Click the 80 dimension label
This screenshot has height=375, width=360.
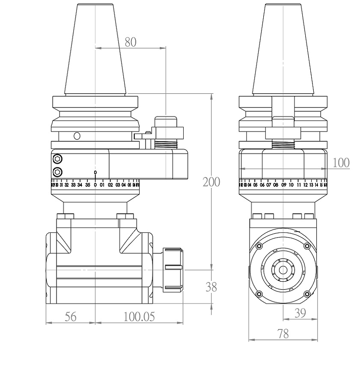[x=130, y=42]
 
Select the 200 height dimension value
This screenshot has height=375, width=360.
[x=211, y=182]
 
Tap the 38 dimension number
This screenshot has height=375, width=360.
[x=211, y=287]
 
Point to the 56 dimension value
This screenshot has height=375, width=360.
[x=71, y=317]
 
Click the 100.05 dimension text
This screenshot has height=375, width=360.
[x=139, y=317]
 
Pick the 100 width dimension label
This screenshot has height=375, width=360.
[x=341, y=163]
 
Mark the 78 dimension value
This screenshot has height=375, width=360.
[x=283, y=334]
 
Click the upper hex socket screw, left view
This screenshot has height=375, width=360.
[x=57, y=159]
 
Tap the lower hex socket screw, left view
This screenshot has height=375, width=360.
[x=57, y=172]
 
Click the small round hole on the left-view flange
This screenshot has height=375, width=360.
[x=77, y=136]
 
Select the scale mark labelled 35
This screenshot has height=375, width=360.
[x=87, y=185]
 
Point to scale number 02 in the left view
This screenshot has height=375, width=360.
[x=110, y=185]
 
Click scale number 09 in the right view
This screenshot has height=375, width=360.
[x=283, y=185]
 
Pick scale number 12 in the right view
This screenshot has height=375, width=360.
[x=305, y=185]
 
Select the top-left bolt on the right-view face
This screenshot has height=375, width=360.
[x=259, y=246]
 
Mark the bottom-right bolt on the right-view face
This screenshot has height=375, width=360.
[x=306, y=294]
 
